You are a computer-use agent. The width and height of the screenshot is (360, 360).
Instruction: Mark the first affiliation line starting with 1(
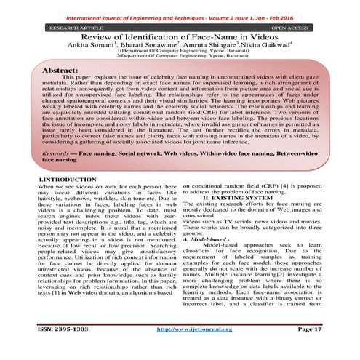180,53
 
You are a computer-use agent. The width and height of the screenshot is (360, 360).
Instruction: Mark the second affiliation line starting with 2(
180,59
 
